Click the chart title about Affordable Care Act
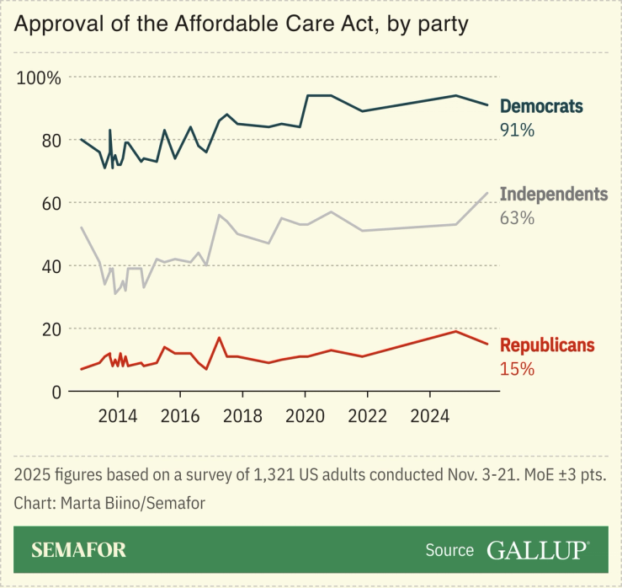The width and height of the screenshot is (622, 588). [x=241, y=24]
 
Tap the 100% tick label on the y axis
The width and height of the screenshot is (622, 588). [x=40, y=78]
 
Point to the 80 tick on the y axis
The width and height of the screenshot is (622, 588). [x=51, y=141]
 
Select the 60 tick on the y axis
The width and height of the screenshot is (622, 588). [x=51, y=203]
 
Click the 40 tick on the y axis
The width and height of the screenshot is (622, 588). [x=51, y=266]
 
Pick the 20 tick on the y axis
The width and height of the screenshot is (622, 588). [x=51, y=329]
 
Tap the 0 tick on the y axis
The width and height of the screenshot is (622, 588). [x=56, y=392]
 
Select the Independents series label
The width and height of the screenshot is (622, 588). [x=553, y=195]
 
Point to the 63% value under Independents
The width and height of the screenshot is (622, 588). [x=518, y=218]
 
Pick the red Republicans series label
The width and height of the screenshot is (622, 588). [x=547, y=345]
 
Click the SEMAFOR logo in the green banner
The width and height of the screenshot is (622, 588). [x=78, y=550]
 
